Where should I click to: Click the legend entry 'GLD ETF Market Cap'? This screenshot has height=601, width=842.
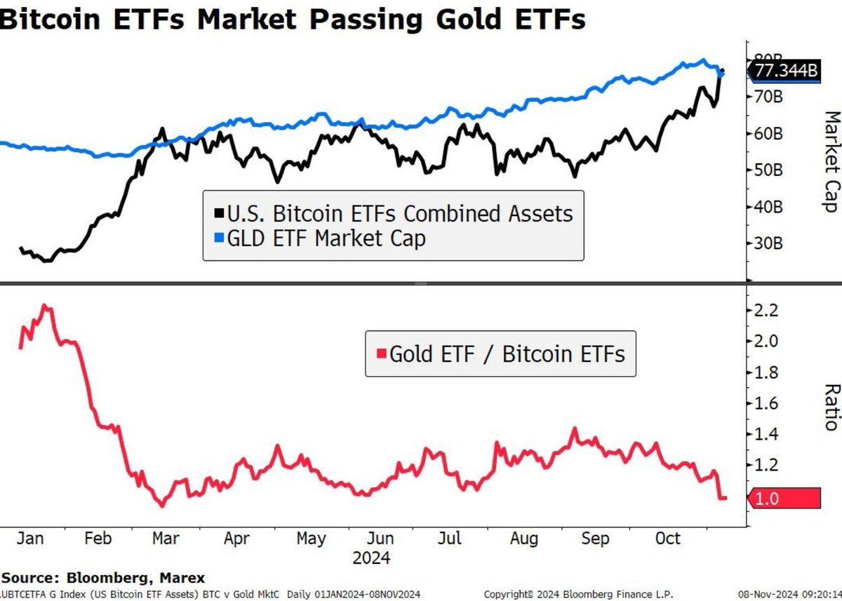(x=326, y=238)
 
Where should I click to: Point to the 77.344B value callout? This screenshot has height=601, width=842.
(x=784, y=71)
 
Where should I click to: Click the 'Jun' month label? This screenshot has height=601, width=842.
(x=380, y=538)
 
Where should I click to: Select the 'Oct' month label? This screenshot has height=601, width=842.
(x=667, y=538)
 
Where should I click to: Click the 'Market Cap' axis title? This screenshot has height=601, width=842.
(x=830, y=161)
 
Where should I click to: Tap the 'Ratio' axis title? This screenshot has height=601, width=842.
(x=830, y=407)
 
